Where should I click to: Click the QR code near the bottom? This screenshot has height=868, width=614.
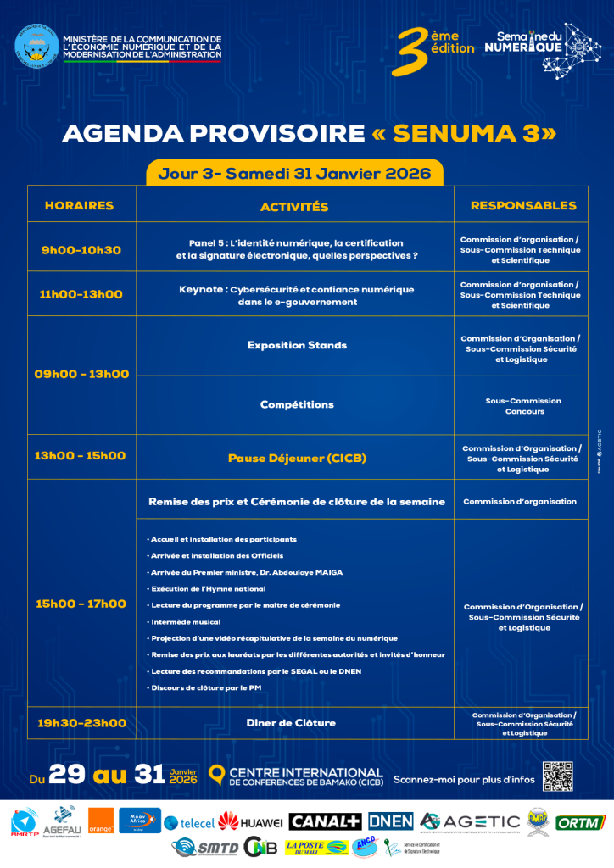[x=558, y=776]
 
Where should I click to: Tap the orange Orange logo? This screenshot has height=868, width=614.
[x=100, y=821]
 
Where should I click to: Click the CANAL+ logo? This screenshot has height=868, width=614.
[x=326, y=821]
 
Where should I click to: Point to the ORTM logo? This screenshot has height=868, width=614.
[x=581, y=821]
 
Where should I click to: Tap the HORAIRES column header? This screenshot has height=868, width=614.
[x=79, y=205]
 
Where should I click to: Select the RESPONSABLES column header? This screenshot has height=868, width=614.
[x=522, y=205]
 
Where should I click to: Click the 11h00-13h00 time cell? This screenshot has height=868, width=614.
[x=81, y=294]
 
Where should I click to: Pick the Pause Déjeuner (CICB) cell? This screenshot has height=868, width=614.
[x=297, y=458]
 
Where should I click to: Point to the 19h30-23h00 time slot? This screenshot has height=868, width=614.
[x=81, y=723]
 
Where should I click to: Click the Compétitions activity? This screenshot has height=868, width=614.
[x=297, y=404]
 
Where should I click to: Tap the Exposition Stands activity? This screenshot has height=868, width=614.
[x=297, y=345]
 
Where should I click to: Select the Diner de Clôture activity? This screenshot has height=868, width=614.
[x=291, y=723]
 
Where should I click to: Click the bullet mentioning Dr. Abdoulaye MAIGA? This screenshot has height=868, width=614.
[x=246, y=572]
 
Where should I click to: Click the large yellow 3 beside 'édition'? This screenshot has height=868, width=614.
[x=412, y=52]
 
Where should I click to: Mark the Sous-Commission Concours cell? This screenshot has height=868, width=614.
[x=522, y=406]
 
